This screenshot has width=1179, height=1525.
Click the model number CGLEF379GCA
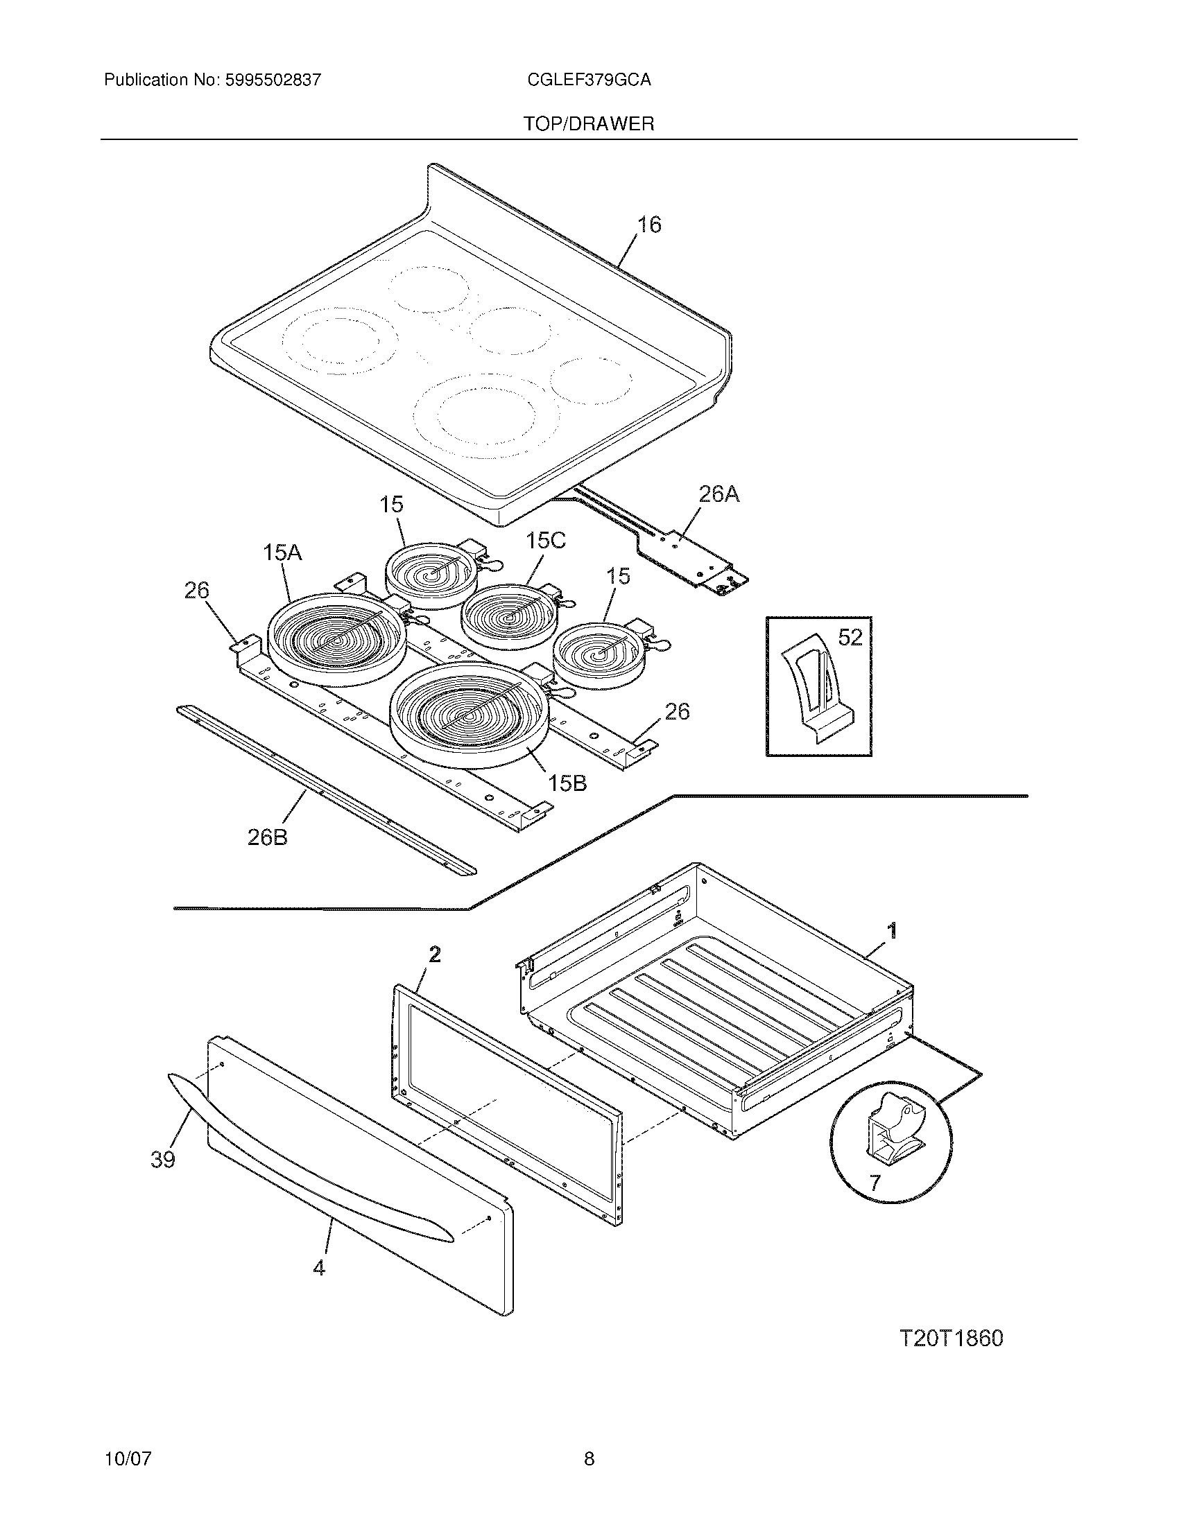[589, 80]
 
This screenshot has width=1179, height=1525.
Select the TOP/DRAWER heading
[589, 124]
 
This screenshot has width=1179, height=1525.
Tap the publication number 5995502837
[273, 80]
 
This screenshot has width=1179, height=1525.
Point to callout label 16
[649, 225]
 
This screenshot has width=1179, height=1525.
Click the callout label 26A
[718, 494]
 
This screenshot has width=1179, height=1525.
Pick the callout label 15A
[282, 553]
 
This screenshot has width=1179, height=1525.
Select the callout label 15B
[567, 783]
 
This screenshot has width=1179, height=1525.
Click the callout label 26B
[267, 837]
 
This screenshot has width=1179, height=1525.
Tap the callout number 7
[875, 1183]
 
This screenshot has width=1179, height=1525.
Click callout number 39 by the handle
[163, 1160]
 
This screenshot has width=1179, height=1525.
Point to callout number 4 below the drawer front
[318, 1267]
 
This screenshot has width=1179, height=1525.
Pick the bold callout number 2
[434, 955]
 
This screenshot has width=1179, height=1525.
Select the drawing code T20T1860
[951, 1339]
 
